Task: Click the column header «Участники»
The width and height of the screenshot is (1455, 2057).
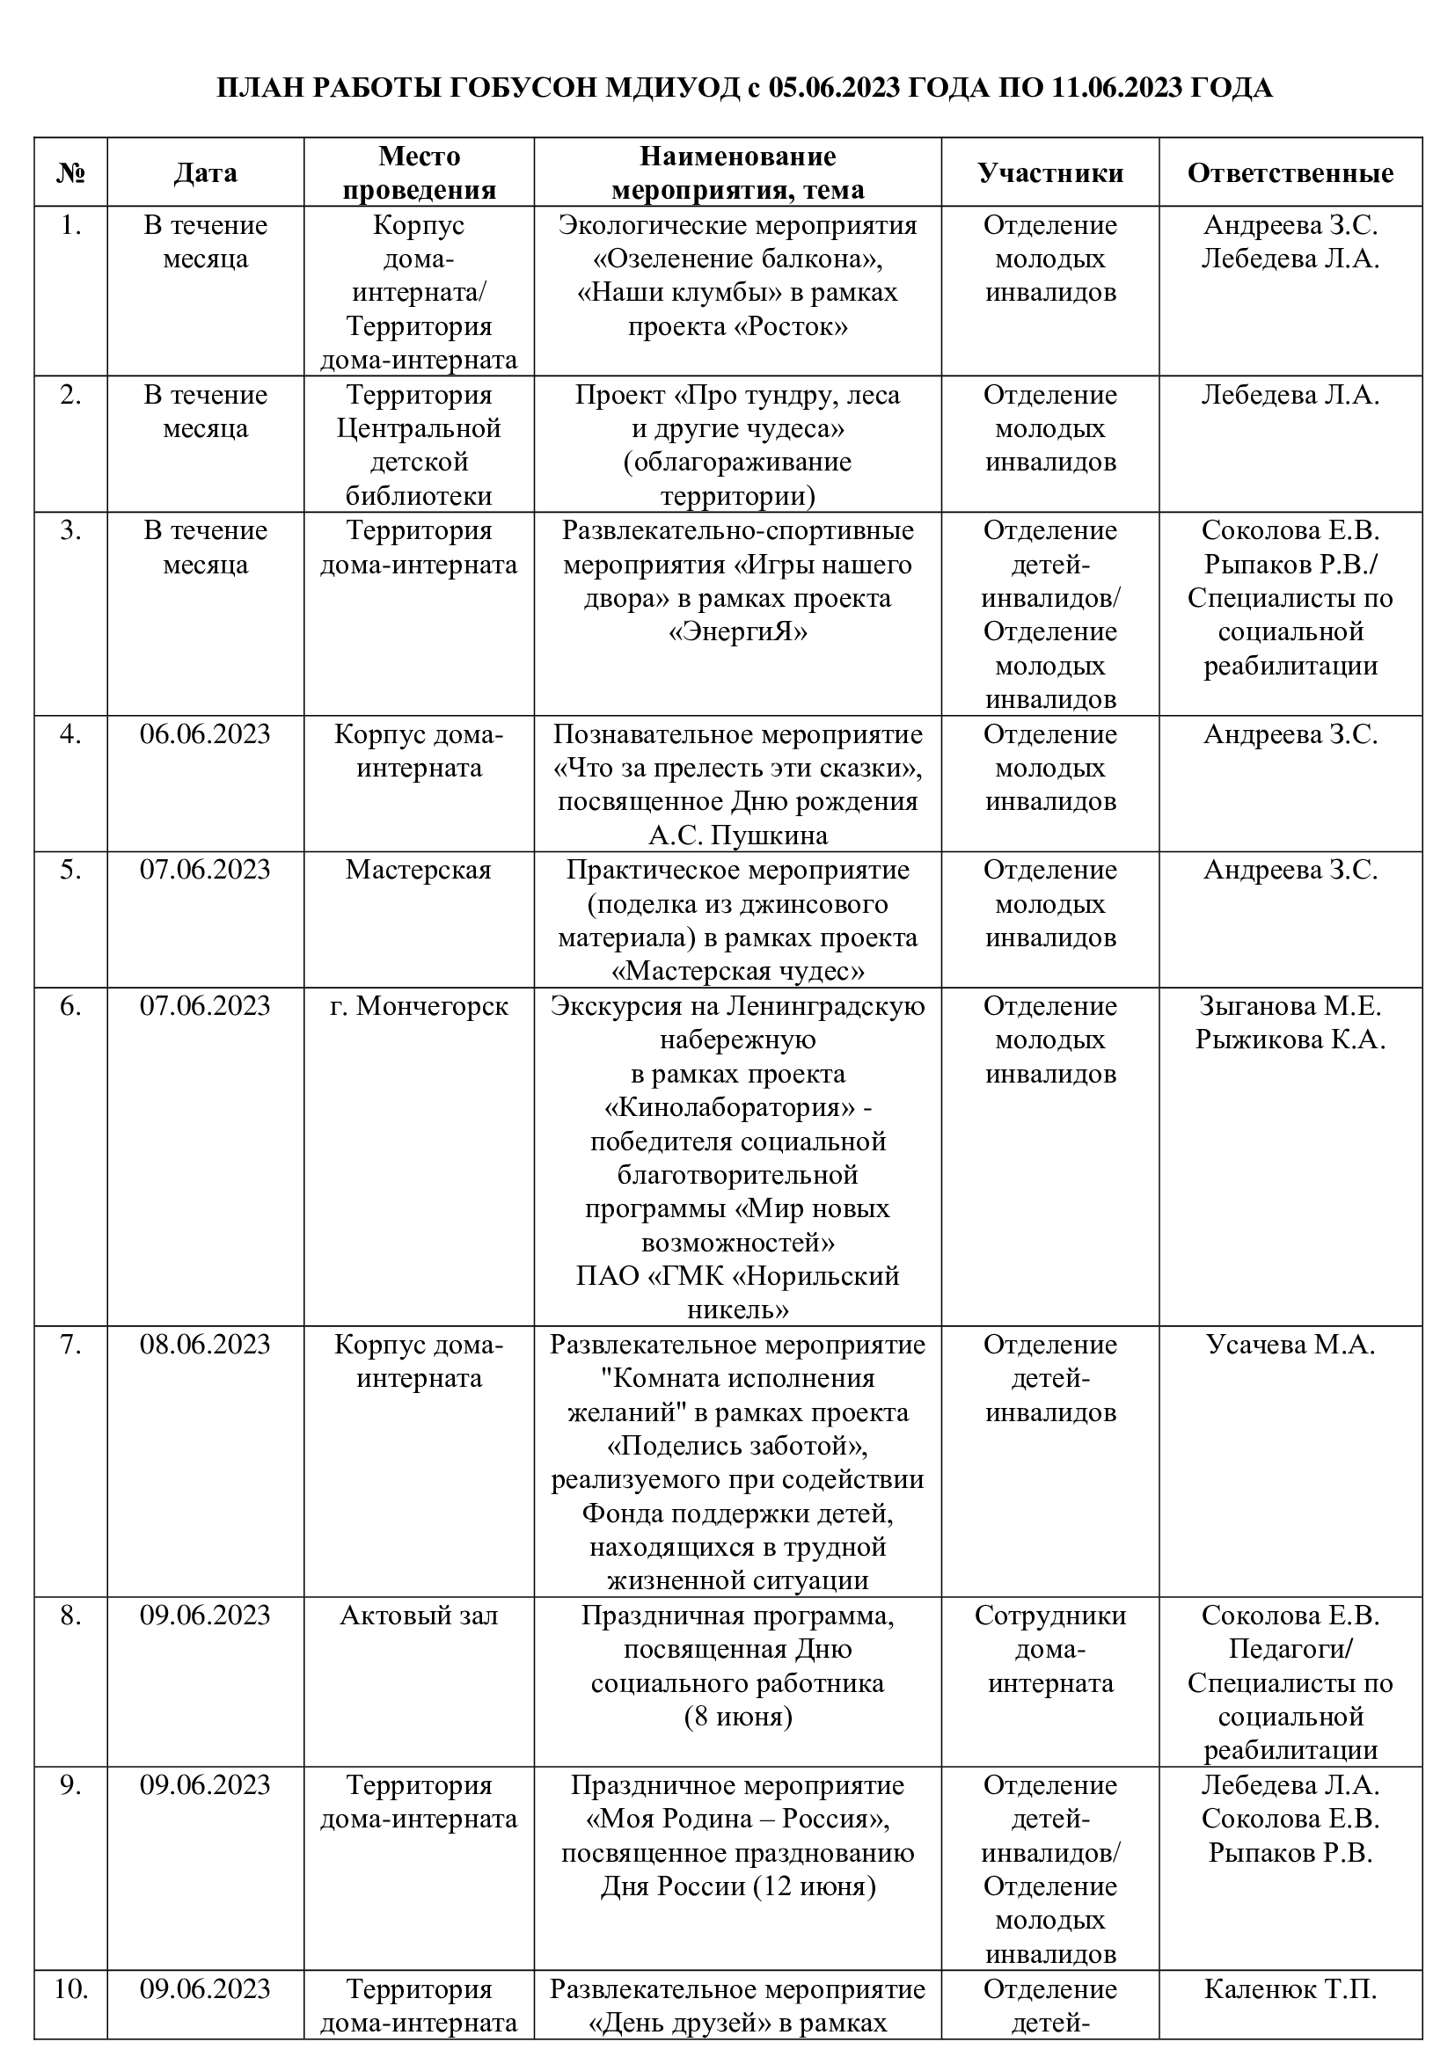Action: coord(1050,173)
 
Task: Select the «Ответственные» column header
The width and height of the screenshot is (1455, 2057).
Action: coord(1290,173)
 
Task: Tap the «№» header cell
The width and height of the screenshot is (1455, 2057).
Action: coord(70,173)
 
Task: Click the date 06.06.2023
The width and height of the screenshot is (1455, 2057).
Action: coord(205,734)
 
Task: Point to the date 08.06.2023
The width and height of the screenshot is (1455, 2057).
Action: coord(205,1345)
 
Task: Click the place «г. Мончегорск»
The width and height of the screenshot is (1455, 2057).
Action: coord(419,1006)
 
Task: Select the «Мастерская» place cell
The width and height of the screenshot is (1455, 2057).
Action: coord(419,870)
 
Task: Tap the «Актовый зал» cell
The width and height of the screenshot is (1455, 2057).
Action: coord(419,1616)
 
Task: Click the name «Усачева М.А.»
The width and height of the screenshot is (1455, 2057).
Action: coord(1290,1345)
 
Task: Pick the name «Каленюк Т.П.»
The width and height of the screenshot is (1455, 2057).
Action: coord(1290,1989)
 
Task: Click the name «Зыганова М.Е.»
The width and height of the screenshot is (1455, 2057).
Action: coord(1290,1006)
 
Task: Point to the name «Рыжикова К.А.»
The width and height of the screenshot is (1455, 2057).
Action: coord(1290,1040)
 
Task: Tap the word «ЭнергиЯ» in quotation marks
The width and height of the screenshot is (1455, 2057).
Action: coord(738,632)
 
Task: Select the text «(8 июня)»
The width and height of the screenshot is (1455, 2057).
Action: coord(738,1718)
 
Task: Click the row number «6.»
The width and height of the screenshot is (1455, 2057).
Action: coord(70,1006)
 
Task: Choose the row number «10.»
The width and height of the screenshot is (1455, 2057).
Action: coord(70,1989)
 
